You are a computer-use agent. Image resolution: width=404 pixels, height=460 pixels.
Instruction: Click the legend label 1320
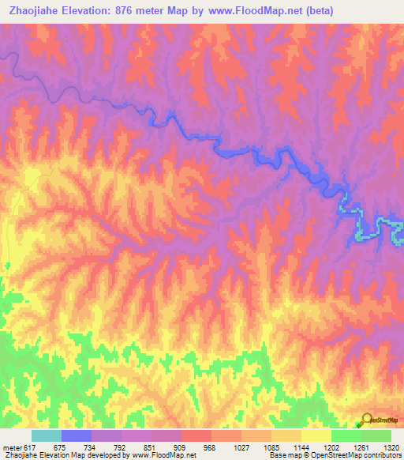coord(390,447)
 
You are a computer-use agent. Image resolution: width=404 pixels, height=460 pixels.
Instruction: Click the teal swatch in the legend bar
coord(46,435)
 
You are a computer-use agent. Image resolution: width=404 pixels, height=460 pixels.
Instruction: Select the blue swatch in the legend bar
coord(76,435)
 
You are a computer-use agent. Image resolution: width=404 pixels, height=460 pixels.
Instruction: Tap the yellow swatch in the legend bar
coord(316,435)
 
